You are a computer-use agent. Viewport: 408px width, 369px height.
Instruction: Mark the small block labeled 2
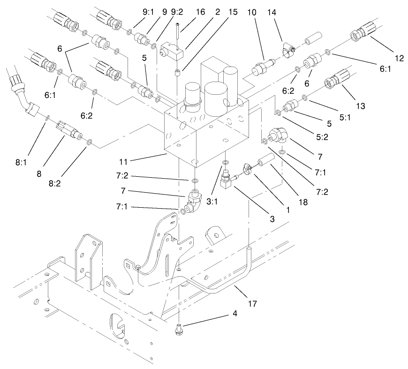(x=170, y=51)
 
